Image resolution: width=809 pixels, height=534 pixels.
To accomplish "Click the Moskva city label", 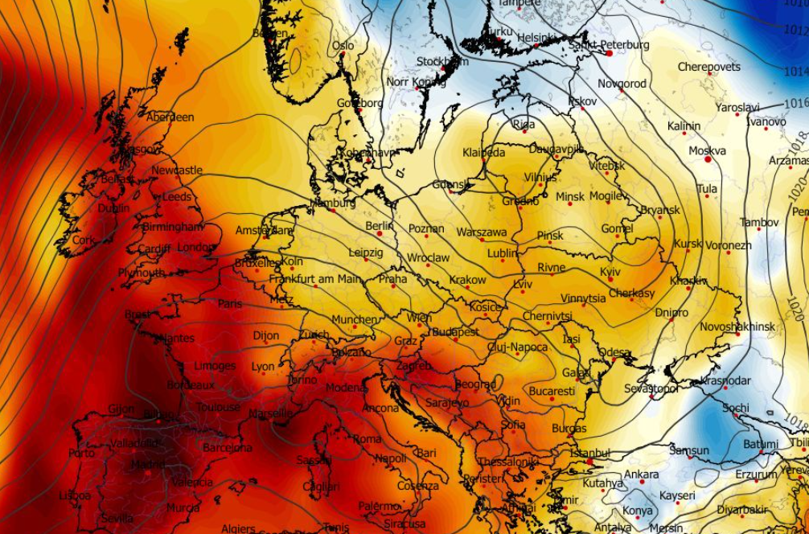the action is click(x=707, y=150).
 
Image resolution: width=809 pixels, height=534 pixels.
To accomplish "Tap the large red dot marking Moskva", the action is click(x=708, y=160).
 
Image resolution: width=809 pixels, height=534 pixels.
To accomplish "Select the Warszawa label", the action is click(x=482, y=232).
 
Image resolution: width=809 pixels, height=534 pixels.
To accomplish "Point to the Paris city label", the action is click(x=229, y=304).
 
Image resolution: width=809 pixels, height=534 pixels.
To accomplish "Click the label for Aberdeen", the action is click(x=170, y=117).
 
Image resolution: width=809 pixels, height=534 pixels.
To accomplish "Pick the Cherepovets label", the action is click(x=708, y=67).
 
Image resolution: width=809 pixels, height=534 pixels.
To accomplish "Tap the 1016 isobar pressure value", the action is click(x=796, y=103).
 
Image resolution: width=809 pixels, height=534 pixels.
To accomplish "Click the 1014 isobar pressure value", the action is click(x=796, y=72).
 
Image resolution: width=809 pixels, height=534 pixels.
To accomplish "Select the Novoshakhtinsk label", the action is click(x=737, y=327).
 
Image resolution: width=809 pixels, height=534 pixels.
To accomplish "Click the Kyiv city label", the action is click(x=610, y=272).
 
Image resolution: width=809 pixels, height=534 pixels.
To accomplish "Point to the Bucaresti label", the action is click(x=552, y=392).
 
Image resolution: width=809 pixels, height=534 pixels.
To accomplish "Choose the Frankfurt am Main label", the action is click(x=315, y=279).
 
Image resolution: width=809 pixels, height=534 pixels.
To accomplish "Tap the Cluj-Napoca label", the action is click(x=517, y=347).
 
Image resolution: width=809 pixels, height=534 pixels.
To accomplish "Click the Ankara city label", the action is click(x=642, y=474).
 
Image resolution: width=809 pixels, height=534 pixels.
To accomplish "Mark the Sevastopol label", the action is click(x=651, y=388).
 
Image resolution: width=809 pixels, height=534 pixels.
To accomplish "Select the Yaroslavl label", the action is click(x=737, y=107).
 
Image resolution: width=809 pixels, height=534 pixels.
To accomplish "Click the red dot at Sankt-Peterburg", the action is click(x=610, y=53).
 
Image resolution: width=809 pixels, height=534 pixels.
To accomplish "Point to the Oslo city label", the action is click(x=343, y=46).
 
